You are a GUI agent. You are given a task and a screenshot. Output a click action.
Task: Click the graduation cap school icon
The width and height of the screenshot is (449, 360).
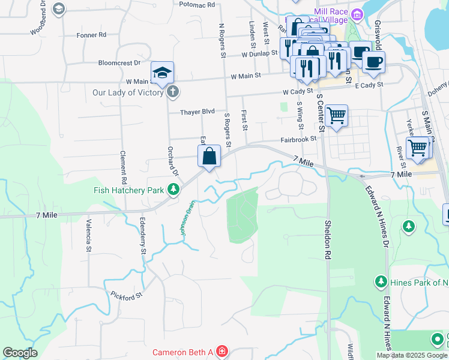pos(162,73)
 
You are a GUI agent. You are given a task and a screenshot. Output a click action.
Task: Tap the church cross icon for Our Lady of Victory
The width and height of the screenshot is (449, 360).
pos(172,92)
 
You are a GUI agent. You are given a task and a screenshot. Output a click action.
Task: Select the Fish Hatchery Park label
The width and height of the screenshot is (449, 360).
pos(128,190)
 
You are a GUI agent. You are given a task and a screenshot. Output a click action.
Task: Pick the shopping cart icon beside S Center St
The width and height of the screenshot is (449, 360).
pos(337,115)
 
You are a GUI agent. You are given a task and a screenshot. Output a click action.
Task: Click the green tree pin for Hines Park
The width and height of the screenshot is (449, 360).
pos(381,281)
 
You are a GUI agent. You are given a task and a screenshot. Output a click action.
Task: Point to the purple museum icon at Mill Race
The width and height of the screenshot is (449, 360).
pos(357,13)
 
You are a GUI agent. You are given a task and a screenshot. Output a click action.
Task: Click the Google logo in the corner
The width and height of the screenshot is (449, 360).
pos(20,352)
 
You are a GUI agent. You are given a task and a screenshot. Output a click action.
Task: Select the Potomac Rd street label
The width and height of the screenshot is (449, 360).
pos(197,4)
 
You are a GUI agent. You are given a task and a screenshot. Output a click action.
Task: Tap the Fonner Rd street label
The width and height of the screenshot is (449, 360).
pos(91,35)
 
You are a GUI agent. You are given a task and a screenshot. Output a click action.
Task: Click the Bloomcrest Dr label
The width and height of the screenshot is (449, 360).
pos(119,62)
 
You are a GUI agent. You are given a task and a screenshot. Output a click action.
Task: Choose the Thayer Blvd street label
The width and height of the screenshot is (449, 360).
pos(197,112)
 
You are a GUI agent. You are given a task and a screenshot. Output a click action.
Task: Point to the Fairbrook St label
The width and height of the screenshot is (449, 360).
pos(298,139)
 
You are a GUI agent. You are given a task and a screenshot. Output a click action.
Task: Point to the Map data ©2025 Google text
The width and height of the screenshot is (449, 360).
pos(411,355)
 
